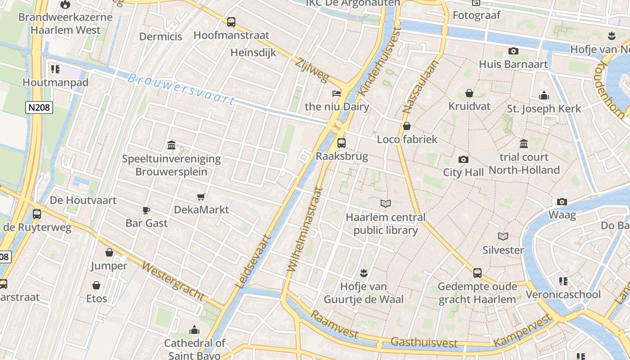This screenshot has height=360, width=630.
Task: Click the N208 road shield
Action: click(39, 108)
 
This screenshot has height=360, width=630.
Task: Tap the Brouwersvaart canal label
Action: click(181, 89)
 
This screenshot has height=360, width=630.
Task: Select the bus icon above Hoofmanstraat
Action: click(231, 22)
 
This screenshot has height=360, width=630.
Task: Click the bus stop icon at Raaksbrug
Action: click(342, 143)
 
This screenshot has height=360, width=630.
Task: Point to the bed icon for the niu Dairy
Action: click(337, 93)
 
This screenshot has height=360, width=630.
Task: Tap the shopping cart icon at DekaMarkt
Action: click(201, 197)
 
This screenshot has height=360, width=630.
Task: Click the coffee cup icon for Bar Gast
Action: click(146, 210)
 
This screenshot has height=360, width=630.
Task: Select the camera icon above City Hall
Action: click(463, 159)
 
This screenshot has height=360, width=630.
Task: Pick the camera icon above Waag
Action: click(562, 202)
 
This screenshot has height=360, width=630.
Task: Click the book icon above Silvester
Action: click(503, 236)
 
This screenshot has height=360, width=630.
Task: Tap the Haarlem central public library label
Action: click(385, 224)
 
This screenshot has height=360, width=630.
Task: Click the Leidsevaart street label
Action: click(254, 261)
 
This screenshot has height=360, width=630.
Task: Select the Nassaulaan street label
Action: click(414, 86)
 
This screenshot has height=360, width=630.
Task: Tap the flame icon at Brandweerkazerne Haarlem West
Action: click(65, 5)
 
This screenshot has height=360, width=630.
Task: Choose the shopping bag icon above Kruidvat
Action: click(469, 93)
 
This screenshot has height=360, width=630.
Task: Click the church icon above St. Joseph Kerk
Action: click(544, 95)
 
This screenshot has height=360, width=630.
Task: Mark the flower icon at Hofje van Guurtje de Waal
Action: click(364, 273)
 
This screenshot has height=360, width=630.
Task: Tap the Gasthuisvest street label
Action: click(424, 342)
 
